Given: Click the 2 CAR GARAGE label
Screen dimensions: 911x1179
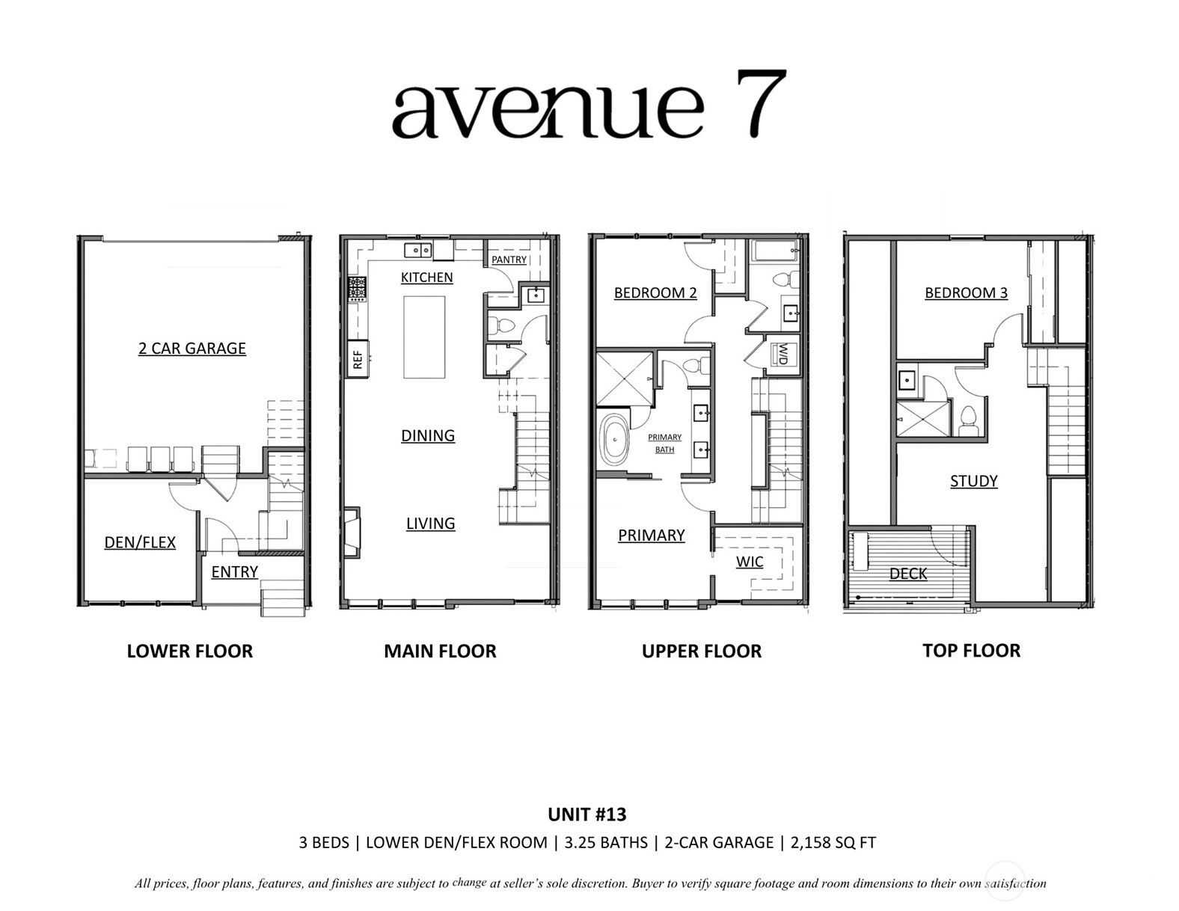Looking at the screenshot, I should pos(192,348).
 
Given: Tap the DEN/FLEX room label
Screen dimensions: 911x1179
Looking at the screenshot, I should pos(140,542).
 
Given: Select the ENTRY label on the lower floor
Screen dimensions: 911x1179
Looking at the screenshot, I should pos(234,571).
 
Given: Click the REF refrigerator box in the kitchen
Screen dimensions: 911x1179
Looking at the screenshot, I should pos(358,359).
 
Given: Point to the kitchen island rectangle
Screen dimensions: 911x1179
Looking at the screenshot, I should pos(424,337).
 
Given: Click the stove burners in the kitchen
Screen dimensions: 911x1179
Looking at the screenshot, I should pos(357,289).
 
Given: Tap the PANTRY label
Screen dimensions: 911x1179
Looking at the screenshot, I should pos(509,260).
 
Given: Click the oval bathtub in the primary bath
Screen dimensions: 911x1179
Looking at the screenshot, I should pos(615,440).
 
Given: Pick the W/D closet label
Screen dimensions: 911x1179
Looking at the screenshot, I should pos(783,354).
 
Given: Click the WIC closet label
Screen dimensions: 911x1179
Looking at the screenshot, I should pos(749,562).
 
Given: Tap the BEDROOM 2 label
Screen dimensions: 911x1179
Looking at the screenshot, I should pos(655,292).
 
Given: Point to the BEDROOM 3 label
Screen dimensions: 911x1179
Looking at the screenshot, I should pos(966,292).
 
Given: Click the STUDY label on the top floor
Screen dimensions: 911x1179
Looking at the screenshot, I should pos(973,481).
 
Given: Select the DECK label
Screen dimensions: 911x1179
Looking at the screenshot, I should pos(908,574).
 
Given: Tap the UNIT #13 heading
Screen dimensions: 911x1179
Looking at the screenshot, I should pos(587,814).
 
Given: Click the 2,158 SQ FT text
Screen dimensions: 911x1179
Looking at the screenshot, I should pos(830,843).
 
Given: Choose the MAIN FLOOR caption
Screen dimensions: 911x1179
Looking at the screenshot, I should pos(440,651).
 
